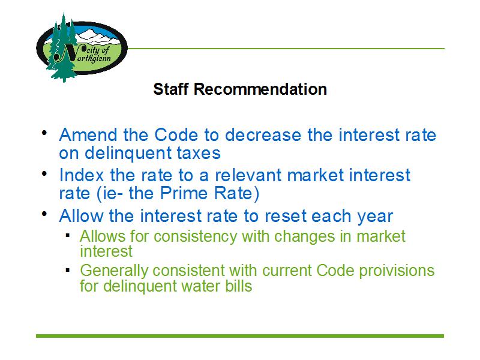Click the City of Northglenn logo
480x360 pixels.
(82, 47)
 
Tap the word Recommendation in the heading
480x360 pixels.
(260, 89)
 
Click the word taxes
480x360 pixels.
(199, 153)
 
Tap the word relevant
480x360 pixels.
(248, 175)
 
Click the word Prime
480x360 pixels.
(184, 193)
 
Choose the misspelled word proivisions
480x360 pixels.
(397, 271)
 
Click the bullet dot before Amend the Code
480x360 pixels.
(44, 133)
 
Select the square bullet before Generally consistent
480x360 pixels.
(68, 270)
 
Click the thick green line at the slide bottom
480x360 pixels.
(240, 336)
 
